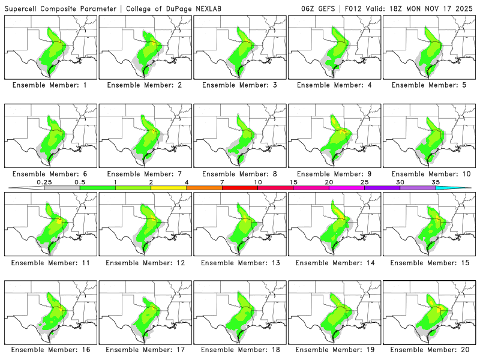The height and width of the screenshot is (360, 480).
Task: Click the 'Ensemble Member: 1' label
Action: [x=50, y=85]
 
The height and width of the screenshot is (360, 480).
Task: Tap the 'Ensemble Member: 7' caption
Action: [x=145, y=174]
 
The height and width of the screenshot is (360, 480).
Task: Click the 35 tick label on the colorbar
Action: [x=436, y=182]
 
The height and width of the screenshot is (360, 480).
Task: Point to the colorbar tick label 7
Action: [x=222, y=182]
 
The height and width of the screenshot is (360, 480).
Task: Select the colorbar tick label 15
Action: [x=293, y=182]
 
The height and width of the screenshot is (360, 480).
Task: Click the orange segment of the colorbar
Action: [x=204, y=188]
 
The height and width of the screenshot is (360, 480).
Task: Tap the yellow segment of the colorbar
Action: [x=169, y=188]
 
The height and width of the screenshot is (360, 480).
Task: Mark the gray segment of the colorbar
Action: [x=62, y=188]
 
